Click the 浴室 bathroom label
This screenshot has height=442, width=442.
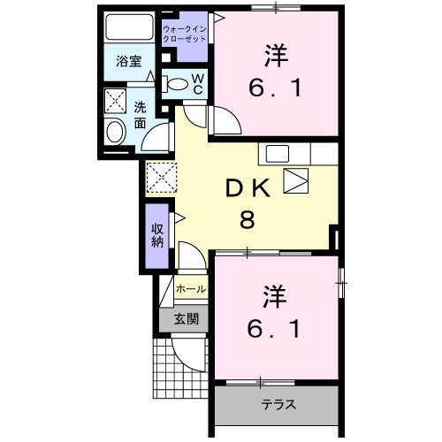129,61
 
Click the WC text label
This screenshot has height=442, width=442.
198,84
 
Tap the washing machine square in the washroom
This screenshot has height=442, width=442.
116,99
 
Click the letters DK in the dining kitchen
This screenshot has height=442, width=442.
247,187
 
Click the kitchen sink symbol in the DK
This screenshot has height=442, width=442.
294,180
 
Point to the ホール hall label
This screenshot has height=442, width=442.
190,289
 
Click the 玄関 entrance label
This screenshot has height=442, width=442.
186,318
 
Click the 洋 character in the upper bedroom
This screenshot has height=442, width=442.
273,56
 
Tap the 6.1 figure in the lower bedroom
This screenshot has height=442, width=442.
273,329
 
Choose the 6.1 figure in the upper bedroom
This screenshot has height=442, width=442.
273,88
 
